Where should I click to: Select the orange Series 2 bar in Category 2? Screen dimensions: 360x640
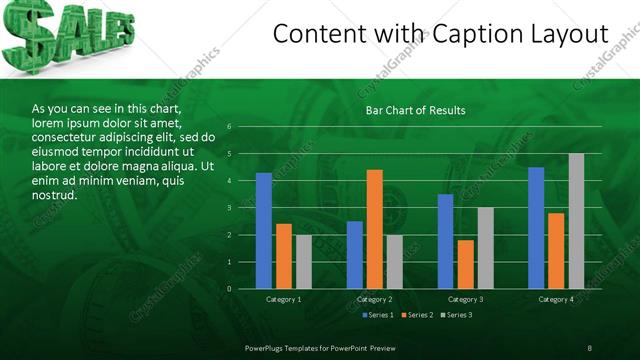tap(375, 229)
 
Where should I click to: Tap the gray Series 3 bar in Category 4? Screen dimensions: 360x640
tap(576, 221)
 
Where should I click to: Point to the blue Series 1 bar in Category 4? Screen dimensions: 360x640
tap(536, 228)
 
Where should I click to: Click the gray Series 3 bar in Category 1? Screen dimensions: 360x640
tap(303, 262)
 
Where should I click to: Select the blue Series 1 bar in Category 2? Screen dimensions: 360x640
tap(355, 255)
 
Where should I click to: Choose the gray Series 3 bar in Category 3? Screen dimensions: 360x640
tap(485, 248)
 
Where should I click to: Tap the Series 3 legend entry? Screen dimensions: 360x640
tap(455, 315)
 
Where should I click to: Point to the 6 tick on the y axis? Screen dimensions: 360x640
tap(229, 127)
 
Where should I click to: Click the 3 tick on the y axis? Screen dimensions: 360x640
tap(229, 208)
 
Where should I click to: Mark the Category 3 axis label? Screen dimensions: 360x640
tap(465, 299)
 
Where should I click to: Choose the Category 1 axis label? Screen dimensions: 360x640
tap(284, 299)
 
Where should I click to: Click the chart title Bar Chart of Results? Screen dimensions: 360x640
tap(415, 110)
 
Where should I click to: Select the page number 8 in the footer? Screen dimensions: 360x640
tap(590, 347)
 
